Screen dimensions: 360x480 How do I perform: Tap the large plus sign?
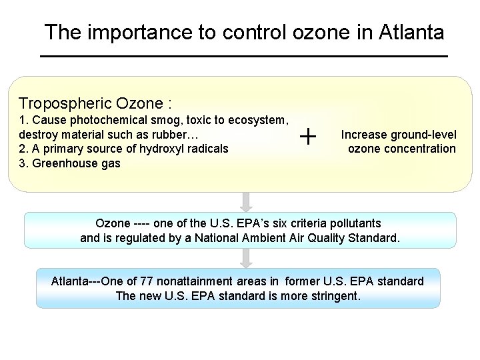tap(308, 137)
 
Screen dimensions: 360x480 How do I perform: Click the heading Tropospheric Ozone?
tap(95, 103)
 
